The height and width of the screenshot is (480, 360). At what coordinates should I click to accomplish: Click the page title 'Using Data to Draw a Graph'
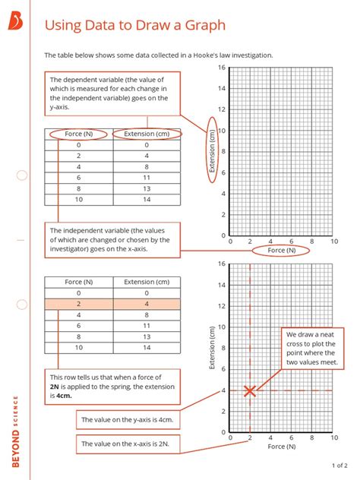click(x=134, y=25)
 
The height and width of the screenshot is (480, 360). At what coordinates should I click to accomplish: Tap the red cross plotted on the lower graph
click(x=250, y=391)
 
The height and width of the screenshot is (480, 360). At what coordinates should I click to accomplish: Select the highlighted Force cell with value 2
click(x=78, y=304)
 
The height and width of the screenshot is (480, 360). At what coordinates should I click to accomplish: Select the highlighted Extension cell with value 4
click(x=147, y=304)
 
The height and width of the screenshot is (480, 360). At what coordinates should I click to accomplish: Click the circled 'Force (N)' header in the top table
click(x=78, y=134)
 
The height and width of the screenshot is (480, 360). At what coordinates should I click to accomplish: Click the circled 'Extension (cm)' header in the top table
click(x=147, y=134)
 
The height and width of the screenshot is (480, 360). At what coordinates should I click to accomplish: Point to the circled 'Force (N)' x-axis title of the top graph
click(x=281, y=251)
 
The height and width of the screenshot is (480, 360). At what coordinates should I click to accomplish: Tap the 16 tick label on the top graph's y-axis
click(x=222, y=68)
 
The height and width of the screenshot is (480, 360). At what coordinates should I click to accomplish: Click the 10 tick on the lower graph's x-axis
click(x=333, y=438)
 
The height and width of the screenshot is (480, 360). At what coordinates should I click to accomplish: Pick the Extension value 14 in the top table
click(x=147, y=199)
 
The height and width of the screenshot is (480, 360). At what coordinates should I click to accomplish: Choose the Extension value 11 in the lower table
click(x=147, y=325)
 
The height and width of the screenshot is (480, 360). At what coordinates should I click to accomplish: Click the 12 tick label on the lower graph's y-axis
click(x=222, y=307)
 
